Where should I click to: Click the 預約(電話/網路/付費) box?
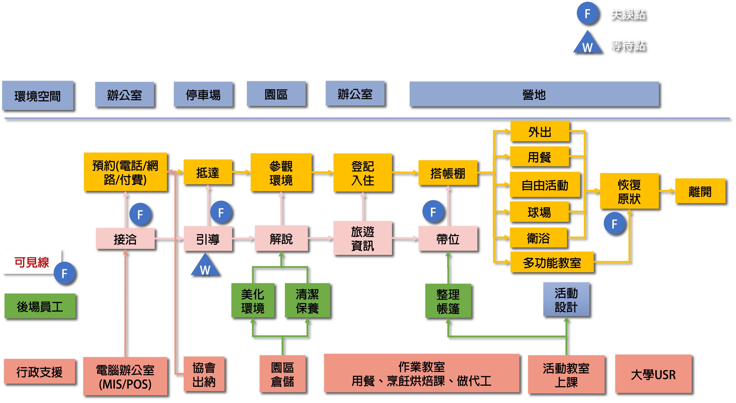(x=125, y=172)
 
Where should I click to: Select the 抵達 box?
(x=208, y=172)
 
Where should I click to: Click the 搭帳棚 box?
(x=448, y=173)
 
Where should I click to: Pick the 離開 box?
(x=700, y=191)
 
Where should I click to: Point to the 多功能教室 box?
(x=552, y=262)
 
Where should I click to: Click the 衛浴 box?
(x=538, y=237)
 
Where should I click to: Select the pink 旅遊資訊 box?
(x=362, y=238)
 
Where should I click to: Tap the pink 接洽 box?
(x=125, y=239)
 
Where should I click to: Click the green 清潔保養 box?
(x=307, y=300)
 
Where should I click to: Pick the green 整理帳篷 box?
(x=448, y=301)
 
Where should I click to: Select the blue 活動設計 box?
(x=566, y=299)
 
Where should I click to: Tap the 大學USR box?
(x=653, y=374)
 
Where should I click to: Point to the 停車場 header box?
(x=203, y=94)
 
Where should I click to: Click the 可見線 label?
(x=32, y=262)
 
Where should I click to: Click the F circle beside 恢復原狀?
(x=614, y=223)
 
